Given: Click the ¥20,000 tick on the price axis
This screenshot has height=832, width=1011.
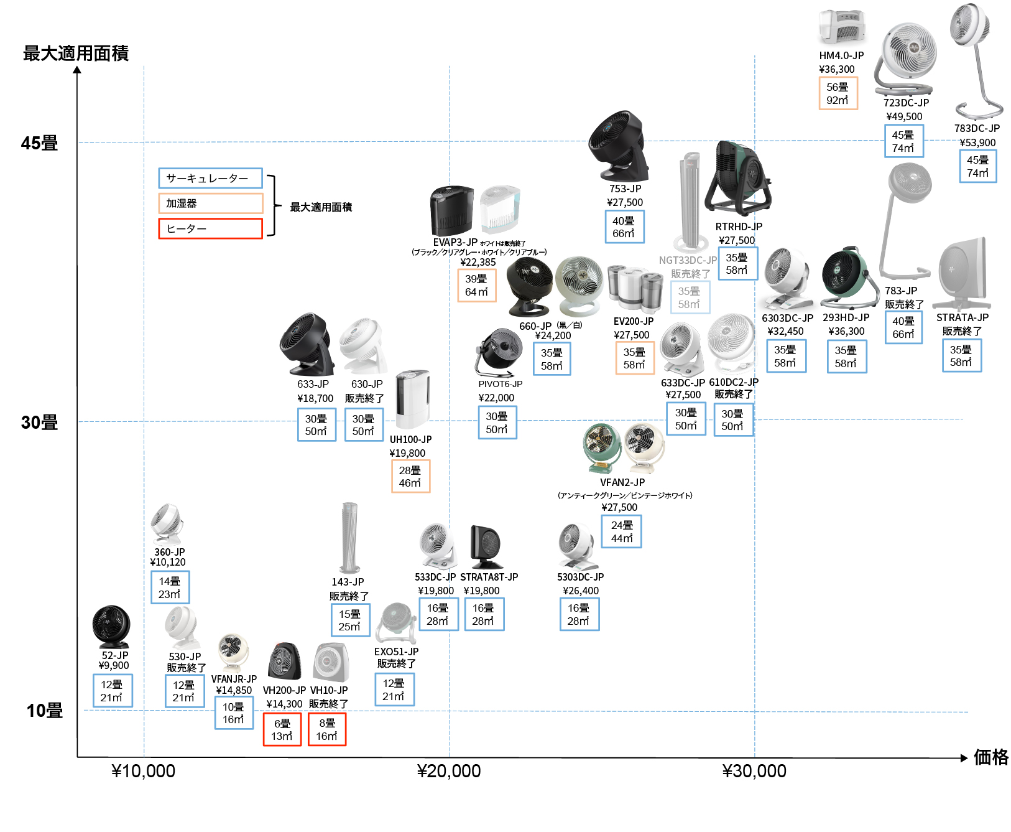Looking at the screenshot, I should pyautogui.click(x=449, y=771).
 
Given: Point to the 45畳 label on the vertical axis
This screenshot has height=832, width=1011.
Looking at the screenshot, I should pyautogui.click(x=39, y=143).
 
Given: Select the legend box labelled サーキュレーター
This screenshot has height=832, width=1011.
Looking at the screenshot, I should pyautogui.click(x=210, y=179).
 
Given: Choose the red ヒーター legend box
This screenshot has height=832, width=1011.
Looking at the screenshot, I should pyautogui.click(x=210, y=228).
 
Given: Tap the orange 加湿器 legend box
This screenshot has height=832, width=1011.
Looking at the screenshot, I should pyautogui.click(x=210, y=203).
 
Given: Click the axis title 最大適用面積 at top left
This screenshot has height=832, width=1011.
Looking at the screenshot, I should pyautogui.click(x=76, y=54).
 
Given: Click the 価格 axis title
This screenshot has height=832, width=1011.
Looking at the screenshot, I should pyautogui.click(x=991, y=757).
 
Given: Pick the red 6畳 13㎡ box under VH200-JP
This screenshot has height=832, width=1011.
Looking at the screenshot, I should pyautogui.click(x=282, y=729).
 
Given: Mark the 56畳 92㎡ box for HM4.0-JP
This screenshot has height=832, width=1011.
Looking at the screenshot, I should pyautogui.click(x=838, y=93).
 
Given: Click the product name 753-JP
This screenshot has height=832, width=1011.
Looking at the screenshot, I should pyautogui.click(x=625, y=189).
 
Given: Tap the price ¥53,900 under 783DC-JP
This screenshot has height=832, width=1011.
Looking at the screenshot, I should pyautogui.click(x=977, y=143).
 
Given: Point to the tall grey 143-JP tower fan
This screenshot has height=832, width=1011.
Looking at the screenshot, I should pyautogui.click(x=350, y=538).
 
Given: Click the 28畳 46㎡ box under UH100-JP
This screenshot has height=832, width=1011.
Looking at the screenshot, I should pyautogui.click(x=410, y=476).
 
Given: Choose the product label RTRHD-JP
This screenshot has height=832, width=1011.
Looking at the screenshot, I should pyautogui.click(x=739, y=227).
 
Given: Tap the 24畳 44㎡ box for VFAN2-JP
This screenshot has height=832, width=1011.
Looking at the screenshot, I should pyautogui.click(x=622, y=531).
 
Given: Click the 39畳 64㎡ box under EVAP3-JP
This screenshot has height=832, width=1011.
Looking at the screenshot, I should pyautogui.click(x=477, y=285).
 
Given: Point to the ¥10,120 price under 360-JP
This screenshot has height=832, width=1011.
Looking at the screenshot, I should pyautogui.click(x=168, y=562).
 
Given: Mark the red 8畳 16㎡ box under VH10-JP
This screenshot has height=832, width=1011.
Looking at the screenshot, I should pyautogui.click(x=327, y=729).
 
